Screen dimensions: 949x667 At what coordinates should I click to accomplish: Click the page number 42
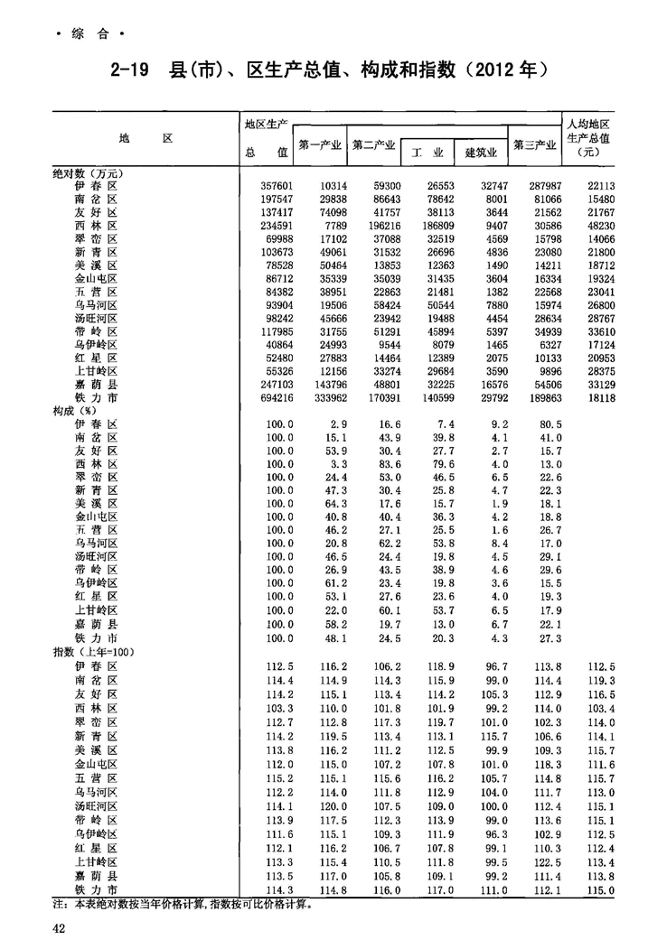[x=58, y=929]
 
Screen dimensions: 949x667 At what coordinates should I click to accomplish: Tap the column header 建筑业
[x=481, y=153]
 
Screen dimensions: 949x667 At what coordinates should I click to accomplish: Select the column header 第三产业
[x=534, y=144]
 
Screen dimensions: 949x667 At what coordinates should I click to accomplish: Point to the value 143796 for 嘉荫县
[x=326, y=384]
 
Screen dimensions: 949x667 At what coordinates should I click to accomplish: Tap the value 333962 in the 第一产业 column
[x=326, y=397]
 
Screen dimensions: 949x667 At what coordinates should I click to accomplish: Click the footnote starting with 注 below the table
[x=182, y=903]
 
